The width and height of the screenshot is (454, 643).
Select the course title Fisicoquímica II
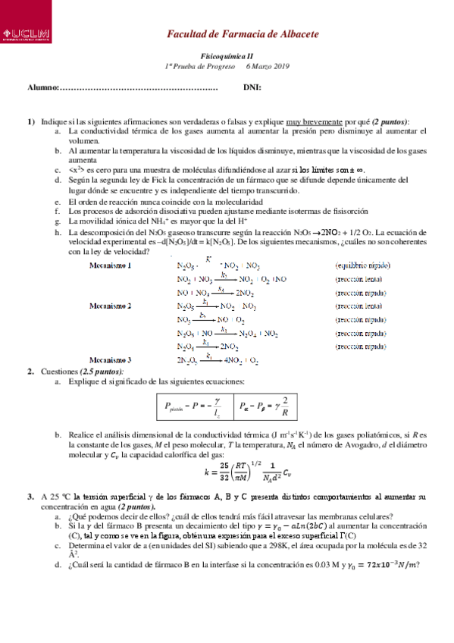(227, 57)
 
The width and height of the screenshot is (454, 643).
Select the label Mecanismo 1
(111, 265)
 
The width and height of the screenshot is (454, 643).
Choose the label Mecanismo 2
(111, 306)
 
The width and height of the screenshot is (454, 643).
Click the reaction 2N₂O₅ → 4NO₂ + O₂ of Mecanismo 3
(218, 360)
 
